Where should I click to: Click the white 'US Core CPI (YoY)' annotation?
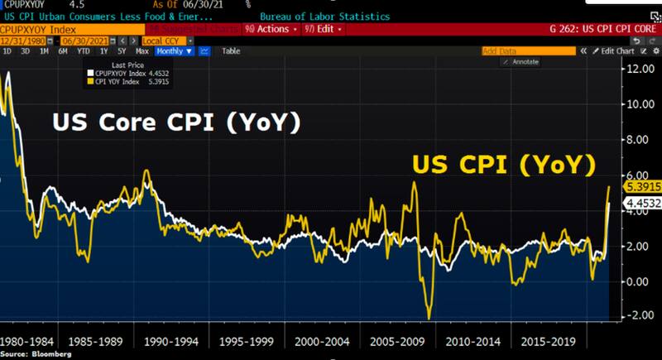point(175,123)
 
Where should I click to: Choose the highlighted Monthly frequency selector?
point(174,51)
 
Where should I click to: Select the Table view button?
point(231,51)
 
